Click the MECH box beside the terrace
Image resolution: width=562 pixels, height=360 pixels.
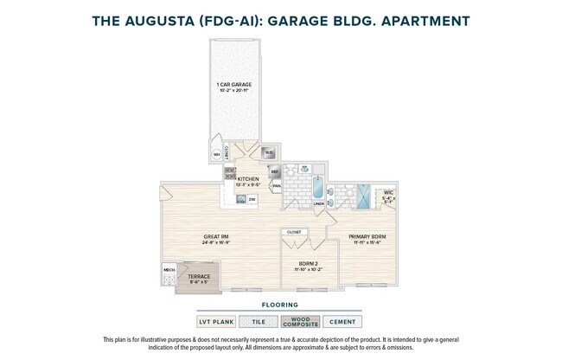coord(169,270)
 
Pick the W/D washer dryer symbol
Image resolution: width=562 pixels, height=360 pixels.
coord(269,153)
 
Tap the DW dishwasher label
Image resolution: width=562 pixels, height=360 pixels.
coord(252,200)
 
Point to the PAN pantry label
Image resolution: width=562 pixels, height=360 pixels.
coord(276,185)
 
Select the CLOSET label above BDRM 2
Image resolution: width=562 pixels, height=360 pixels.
coord(294,233)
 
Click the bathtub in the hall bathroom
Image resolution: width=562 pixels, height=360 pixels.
coord(317,187)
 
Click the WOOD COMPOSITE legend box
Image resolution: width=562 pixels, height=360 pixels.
coord(301,321)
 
